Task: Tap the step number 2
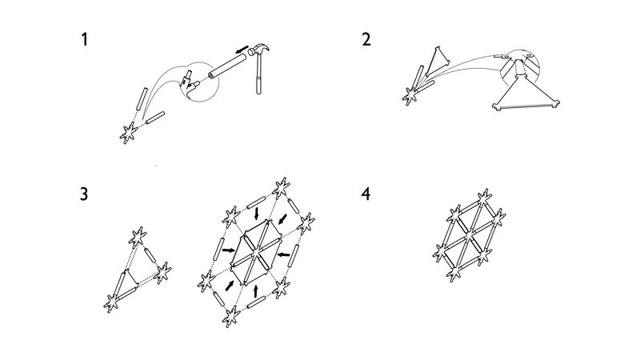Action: pyautogui.click(x=366, y=39)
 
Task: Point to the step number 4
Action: pyautogui.click(x=366, y=193)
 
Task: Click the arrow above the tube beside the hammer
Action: pyautogui.click(x=241, y=50)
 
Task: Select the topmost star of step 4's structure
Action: pyautogui.click(x=483, y=195)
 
